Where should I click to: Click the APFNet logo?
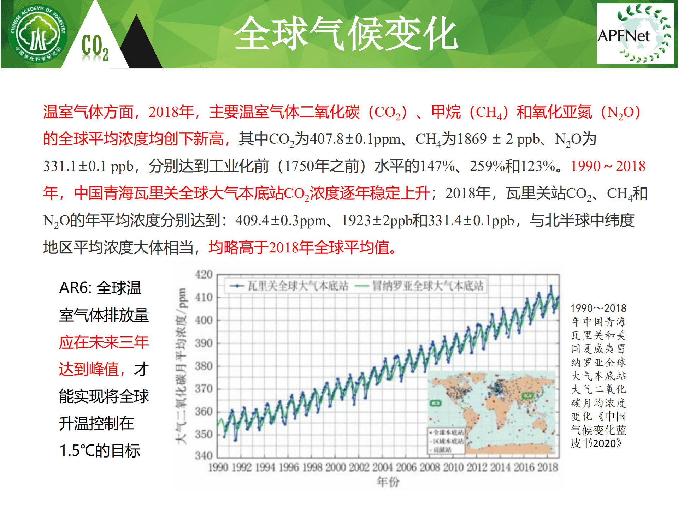point(635,34)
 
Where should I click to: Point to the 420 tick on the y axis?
point(204,275)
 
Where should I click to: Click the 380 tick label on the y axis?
point(204,366)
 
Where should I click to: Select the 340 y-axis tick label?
point(204,455)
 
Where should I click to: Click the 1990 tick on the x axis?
point(218,467)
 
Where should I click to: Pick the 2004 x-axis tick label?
point(383,467)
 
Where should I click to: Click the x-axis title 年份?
point(388,482)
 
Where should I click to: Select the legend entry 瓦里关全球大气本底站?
point(290,286)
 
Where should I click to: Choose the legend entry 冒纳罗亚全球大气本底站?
point(420,286)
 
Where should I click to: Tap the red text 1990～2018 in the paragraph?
point(608,166)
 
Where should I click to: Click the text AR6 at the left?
point(75,288)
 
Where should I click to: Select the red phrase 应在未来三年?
point(104,342)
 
